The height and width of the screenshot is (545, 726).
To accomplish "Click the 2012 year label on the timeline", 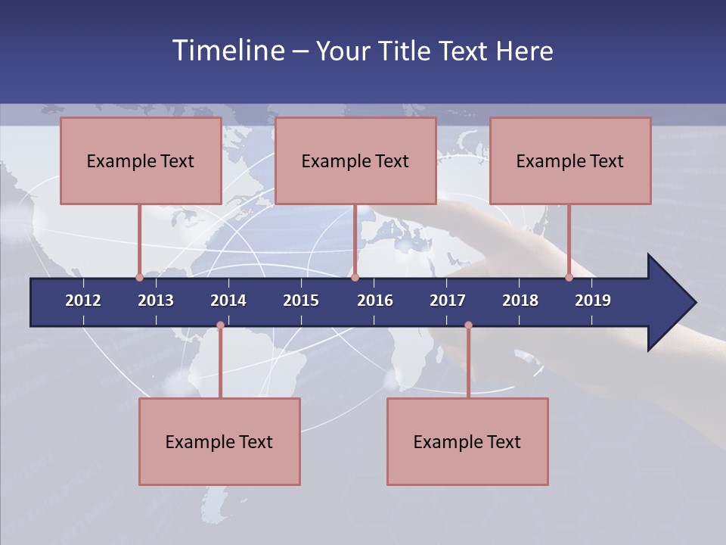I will (83, 301).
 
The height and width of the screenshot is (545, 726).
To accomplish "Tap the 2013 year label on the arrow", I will (156, 301).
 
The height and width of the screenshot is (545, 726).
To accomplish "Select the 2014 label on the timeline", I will (228, 301).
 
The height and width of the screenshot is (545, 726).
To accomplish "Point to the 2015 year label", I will (301, 301).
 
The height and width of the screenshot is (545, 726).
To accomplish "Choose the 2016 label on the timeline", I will (375, 301).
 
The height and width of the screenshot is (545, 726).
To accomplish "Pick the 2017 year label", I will (448, 301).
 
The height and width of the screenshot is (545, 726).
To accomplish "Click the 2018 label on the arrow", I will (520, 301).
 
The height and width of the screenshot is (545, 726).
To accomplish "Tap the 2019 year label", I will (593, 301).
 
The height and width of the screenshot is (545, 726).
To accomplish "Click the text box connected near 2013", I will (141, 160).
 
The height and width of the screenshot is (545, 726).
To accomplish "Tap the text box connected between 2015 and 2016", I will (355, 160).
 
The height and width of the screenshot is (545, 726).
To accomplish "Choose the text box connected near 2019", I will (570, 160).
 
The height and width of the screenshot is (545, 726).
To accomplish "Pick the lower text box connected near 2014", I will (219, 441).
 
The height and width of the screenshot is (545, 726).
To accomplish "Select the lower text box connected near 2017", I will (467, 441).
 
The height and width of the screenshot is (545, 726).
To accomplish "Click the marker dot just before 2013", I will (139, 278).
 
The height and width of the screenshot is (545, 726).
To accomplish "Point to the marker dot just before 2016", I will (355, 278).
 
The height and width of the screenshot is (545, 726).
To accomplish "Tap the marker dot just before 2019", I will (569, 278).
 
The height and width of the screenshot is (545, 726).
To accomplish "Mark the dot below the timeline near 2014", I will (220, 325).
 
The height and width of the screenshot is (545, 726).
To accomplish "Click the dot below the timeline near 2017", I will (468, 325).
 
